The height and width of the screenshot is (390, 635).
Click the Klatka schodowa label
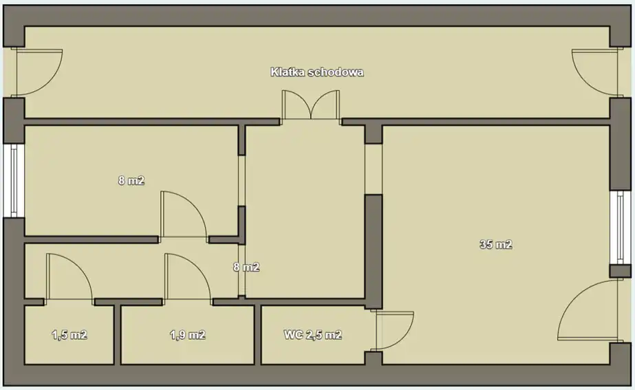coord(316,72)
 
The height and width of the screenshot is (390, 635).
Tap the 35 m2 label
coord(496,244)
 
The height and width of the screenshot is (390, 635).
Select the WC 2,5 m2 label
coord(312,335)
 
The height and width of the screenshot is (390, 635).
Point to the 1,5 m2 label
coord(69,335)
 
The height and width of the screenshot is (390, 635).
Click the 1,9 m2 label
coord(188,335)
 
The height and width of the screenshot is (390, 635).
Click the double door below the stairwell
coord(310,105)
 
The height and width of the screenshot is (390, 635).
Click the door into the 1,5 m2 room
coord(69,278)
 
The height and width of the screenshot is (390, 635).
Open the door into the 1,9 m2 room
coord(188,278)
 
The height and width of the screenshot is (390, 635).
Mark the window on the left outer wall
coord(14,181)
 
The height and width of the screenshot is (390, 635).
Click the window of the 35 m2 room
coord(621,228)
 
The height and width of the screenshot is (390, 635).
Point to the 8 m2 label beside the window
coord(131,180)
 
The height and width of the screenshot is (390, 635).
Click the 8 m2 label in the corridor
coord(246,267)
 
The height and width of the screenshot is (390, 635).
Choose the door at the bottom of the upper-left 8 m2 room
coord(184,214)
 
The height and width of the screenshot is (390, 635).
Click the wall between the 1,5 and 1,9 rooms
coord(117,334)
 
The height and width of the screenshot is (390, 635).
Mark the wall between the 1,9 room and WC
coord(257,334)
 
